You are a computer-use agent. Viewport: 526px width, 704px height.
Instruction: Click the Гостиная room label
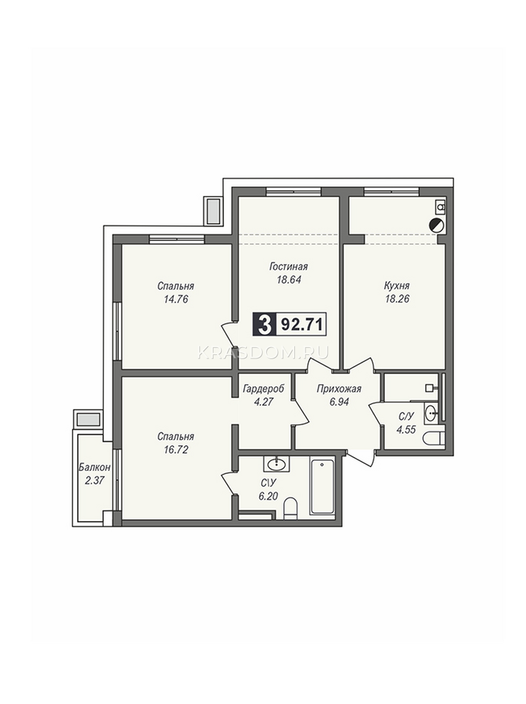point(289,266)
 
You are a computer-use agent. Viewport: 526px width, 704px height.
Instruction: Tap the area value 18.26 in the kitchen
point(397,299)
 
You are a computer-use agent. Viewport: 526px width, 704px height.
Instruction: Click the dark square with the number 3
point(264,324)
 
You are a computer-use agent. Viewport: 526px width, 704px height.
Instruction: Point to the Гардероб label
point(263,389)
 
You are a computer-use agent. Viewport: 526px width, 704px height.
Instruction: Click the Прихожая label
point(339,389)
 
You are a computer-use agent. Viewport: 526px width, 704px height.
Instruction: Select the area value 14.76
point(176,299)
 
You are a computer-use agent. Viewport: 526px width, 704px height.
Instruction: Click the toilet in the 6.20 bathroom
point(291,509)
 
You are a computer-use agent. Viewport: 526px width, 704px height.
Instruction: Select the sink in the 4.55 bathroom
point(431,414)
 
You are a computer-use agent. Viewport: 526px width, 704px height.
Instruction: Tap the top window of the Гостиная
point(293,192)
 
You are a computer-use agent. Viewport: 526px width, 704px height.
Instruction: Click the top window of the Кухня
point(391,192)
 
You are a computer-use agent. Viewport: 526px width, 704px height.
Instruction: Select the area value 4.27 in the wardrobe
point(263,401)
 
